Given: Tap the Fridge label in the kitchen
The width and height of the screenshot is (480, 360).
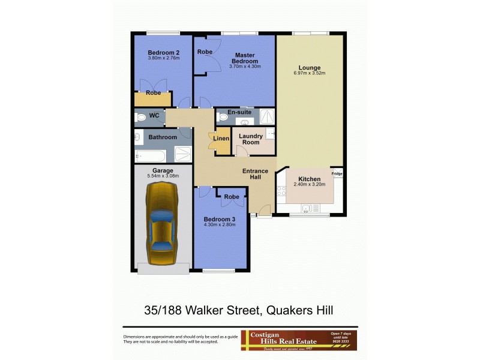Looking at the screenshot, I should tap(337, 174).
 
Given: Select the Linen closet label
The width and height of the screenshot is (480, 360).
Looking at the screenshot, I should tap(221, 139).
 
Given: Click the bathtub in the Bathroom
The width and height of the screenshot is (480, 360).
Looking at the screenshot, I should tap(153, 155).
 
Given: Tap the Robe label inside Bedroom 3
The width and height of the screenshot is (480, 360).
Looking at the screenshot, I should tap(232, 197).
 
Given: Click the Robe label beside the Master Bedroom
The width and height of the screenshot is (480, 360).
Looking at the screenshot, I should tap(205, 52).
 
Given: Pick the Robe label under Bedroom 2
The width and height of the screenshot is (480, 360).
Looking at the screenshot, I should tap(153, 93).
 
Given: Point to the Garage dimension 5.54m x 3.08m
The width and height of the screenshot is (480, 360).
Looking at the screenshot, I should tap(163, 176).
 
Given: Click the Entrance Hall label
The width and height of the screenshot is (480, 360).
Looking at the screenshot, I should tap(255, 174).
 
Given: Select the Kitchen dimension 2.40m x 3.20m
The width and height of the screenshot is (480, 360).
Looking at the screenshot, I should tap(309, 185).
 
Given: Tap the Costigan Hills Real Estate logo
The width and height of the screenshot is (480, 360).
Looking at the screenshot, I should tap(298, 340).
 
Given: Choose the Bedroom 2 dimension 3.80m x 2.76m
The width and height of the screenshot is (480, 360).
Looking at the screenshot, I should tap(164, 58).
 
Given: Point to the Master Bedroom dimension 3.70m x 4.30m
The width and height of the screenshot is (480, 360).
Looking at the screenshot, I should tap(245, 67).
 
